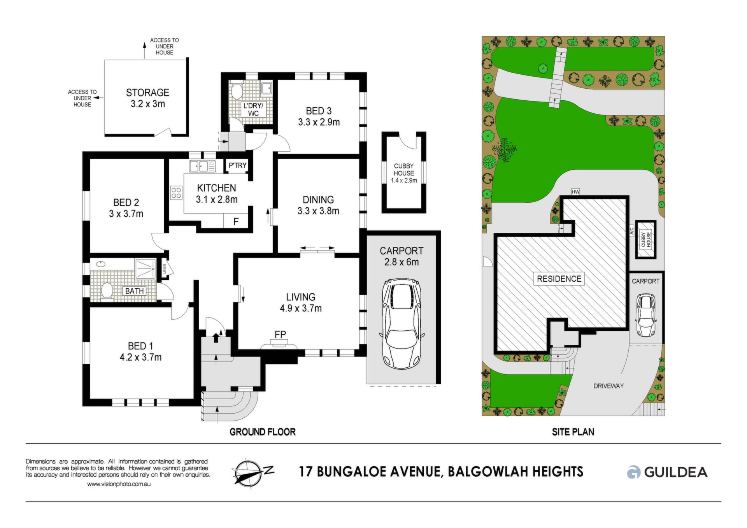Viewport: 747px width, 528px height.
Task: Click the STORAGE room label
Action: click(147, 93)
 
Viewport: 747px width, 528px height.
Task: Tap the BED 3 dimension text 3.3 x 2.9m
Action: click(319, 122)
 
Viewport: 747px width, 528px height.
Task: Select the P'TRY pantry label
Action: click(237, 165)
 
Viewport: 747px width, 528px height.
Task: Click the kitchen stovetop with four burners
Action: click(176, 193)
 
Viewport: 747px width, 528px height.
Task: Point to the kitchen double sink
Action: click(202, 167)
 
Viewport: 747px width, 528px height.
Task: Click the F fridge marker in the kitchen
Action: click(236, 222)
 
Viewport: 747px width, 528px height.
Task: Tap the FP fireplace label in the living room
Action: click(280, 334)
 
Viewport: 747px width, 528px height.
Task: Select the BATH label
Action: click(135, 291)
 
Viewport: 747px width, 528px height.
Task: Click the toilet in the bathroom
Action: click(106, 290)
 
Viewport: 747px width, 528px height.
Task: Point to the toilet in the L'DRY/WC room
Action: click(236, 91)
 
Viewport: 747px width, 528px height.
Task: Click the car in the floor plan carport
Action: click(402, 323)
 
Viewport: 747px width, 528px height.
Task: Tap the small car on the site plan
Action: click(646, 315)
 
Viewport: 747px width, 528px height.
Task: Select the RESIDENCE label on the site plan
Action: click(559, 279)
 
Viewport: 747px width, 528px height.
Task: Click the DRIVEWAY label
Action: click(608, 386)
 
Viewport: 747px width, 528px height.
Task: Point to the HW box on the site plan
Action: click(576, 192)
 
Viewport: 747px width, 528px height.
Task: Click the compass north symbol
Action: click(253, 472)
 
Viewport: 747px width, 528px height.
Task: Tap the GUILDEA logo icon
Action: click(633, 472)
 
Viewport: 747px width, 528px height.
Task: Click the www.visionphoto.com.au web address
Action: click(119, 484)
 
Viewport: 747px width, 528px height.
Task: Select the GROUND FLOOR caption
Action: click(263, 432)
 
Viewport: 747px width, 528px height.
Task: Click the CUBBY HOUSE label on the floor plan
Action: click(404, 170)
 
